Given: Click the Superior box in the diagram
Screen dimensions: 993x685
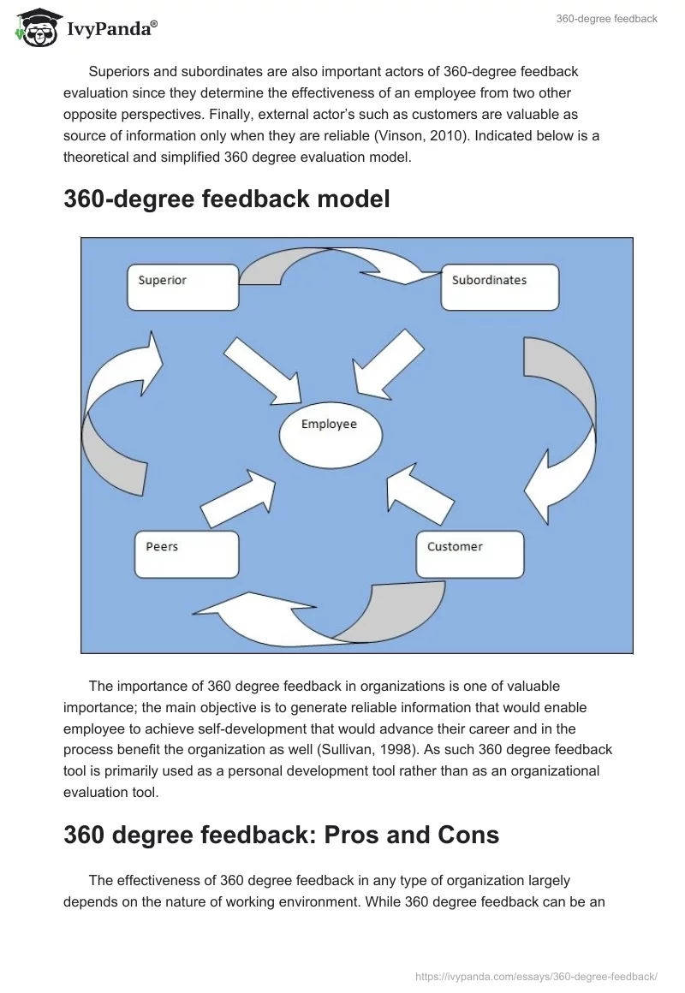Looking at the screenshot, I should (182, 287).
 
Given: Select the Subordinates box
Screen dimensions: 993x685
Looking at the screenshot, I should (499, 287).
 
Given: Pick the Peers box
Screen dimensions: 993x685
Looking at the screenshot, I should (187, 554).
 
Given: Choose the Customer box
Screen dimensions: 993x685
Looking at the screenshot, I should (469, 554).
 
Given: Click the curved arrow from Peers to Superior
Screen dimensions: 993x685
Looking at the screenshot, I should (116, 411).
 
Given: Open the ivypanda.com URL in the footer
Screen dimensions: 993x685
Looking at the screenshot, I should (536, 976).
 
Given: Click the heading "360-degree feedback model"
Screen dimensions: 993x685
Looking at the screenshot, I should (227, 199).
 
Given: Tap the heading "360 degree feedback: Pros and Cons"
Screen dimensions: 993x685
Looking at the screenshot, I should (281, 835).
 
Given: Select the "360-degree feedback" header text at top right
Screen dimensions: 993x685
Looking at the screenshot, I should (606, 19).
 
